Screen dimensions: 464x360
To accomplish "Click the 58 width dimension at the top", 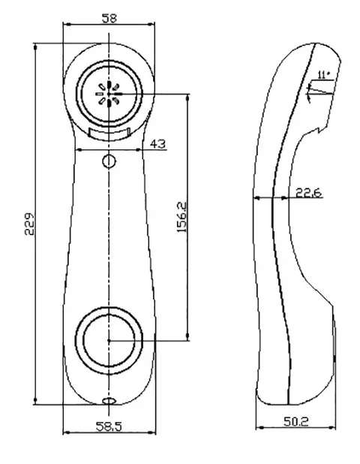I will coord(109,17).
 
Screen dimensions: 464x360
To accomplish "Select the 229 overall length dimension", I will coord(29,224).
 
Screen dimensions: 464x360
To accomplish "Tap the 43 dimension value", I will coord(157,143).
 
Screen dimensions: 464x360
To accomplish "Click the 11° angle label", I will coord(323,74).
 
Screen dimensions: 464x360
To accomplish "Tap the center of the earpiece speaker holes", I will coord(109,94).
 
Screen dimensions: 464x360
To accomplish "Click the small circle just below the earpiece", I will coord(109,161).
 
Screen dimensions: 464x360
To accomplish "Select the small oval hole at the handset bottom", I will coord(109,401).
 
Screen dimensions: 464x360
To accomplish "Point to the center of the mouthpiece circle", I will coord(109,340).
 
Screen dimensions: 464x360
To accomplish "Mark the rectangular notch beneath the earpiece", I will coord(109,133).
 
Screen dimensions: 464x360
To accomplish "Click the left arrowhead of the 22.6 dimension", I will coord(258,198).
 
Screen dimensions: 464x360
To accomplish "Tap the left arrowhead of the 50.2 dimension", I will coord(259,429).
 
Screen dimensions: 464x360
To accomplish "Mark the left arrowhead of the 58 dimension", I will coord(66,24).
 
